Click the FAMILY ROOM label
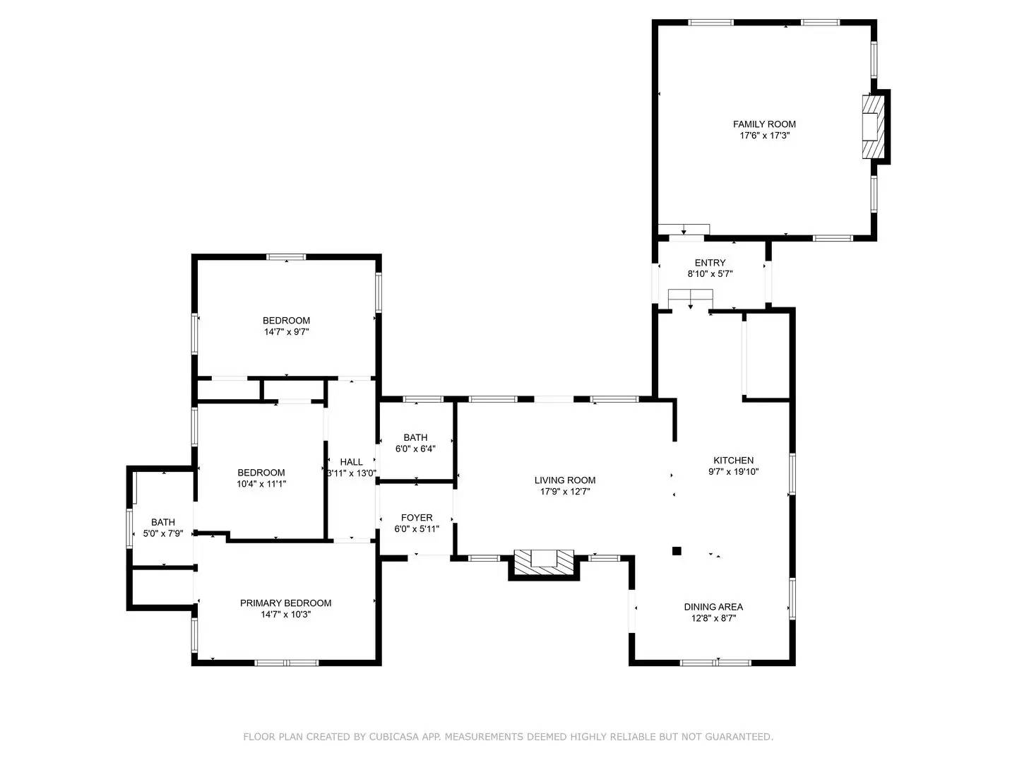tap(764, 124)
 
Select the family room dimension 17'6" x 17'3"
tap(764, 136)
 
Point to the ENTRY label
tap(710, 263)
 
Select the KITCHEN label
tap(733, 461)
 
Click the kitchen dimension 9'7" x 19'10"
tap(733, 472)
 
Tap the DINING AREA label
tap(713, 607)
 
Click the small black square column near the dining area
tap(676, 550)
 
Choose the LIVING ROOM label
tap(564, 480)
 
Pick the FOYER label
tap(417, 518)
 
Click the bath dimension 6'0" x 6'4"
tap(415, 449)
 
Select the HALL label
tap(351, 462)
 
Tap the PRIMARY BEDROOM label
tap(285, 603)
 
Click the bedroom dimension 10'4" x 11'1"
tap(261, 484)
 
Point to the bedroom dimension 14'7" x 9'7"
tap(286, 331)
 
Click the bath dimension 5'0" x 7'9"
tap(163, 534)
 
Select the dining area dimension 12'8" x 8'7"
tap(713, 618)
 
